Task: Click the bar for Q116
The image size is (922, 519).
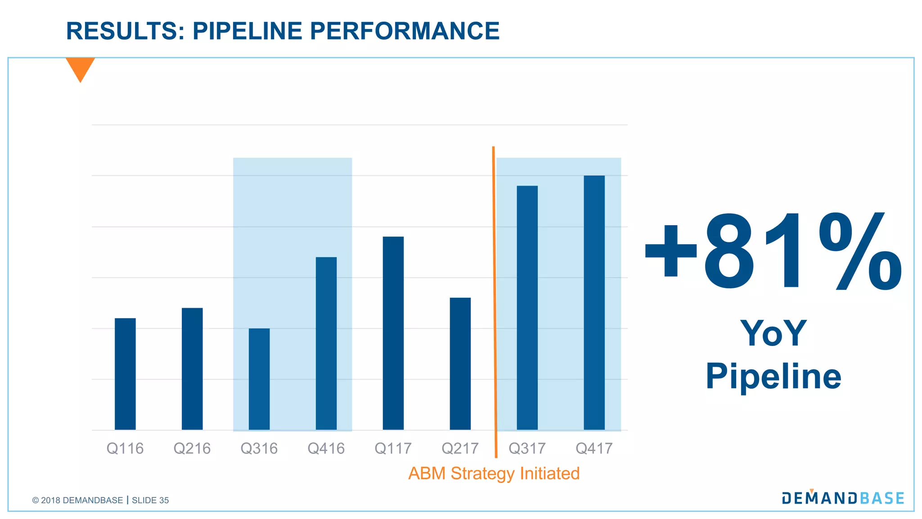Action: pos(125,374)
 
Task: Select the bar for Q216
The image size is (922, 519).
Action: pos(192,369)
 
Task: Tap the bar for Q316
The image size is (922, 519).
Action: pos(259,379)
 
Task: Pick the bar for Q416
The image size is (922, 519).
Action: pos(326,343)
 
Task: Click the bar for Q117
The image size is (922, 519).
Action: pos(393,333)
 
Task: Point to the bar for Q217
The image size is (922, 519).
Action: pos(460,364)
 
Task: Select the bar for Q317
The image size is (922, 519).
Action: pos(527,308)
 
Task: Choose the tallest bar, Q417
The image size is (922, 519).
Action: pos(594,302)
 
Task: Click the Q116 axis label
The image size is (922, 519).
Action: pos(125,449)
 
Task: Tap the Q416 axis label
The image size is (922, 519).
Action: pos(326,449)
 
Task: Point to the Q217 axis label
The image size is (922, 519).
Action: pos(460,449)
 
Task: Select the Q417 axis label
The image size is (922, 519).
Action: pos(594,449)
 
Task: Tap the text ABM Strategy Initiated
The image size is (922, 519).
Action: pos(494,473)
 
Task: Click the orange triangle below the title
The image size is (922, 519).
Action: pos(80,68)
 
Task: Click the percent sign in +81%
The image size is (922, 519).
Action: pos(860,252)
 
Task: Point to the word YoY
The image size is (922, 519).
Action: pos(773,333)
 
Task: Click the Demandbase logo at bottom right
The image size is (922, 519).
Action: pos(843,498)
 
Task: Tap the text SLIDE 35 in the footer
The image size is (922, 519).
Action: pos(150,501)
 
